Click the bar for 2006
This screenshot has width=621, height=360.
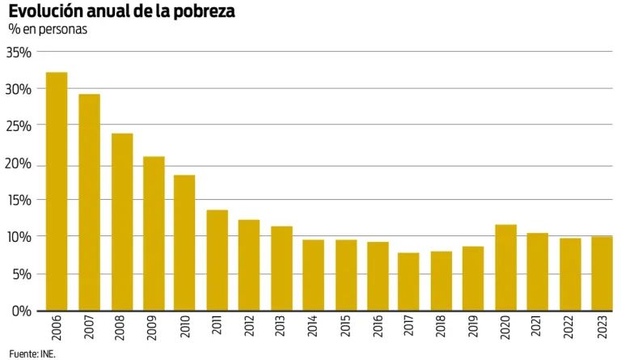pos(57,192)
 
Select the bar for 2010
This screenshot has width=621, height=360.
pos(184,243)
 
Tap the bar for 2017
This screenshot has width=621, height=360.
pos(408,282)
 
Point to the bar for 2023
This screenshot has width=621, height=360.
pos(602,273)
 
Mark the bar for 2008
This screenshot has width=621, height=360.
pos(121,222)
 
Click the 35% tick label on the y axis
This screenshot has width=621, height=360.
pos(19,53)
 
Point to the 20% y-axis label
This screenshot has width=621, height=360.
pos(19,164)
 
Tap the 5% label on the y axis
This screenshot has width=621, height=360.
pos(22,274)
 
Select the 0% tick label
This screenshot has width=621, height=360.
pos(22,311)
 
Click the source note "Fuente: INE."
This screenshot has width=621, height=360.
pos(32,354)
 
